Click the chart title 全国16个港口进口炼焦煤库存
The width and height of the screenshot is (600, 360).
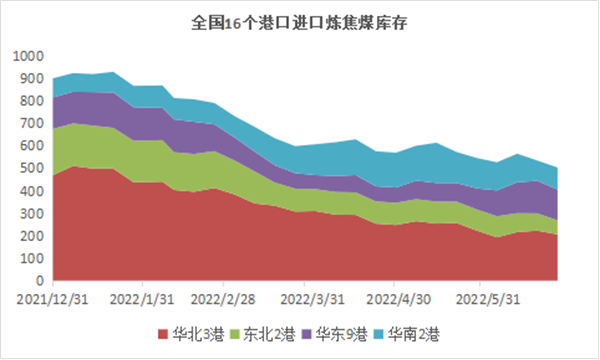pyautogui.click(x=299, y=23)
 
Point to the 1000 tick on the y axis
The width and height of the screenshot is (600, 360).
pyautogui.click(x=28, y=56)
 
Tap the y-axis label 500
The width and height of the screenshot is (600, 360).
pyautogui.click(x=32, y=168)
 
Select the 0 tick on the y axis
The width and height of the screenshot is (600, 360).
pyautogui.click(x=40, y=280)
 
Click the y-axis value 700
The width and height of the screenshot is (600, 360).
pyautogui.click(x=32, y=124)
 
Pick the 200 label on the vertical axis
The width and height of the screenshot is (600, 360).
pyautogui.click(x=32, y=236)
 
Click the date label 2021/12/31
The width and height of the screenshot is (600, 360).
pyautogui.click(x=52, y=299)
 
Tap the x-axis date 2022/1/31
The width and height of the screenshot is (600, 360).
pyautogui.click(x=142, y=299)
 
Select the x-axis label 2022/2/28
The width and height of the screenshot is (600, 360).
pyautogui.click(x=223, y=299)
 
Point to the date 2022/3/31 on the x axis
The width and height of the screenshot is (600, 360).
pyautogui.click(x=312, y=299)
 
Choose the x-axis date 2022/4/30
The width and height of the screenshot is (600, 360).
pyautogui.click(x=398, y=299)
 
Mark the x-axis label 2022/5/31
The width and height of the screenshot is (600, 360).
pyautogui.click(x=488, y=299)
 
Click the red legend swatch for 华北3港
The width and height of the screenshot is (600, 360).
pyautogui.click(x=163, y=334)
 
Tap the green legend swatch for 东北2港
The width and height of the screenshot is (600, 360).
pyautogui.click(x=235, y=334)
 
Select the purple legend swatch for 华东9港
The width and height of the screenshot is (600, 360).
pyautogui.click(x=307, y=334)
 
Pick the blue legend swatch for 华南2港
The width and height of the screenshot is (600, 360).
pyautogui.click(x=378, y=334)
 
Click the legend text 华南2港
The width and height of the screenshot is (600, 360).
pyautogui.click(x=414, y=334)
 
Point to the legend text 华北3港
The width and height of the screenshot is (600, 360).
pyautogui.click(x=198, y=334)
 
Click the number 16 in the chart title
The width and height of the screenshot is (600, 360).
pyautogui.click(x=233, y=24)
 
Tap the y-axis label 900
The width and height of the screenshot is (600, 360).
pyautogui.click(x=32, y=79)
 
